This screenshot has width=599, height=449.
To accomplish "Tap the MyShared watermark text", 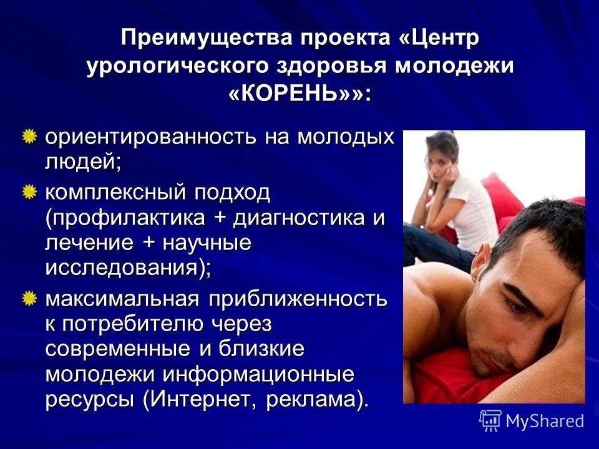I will point(545,421).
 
